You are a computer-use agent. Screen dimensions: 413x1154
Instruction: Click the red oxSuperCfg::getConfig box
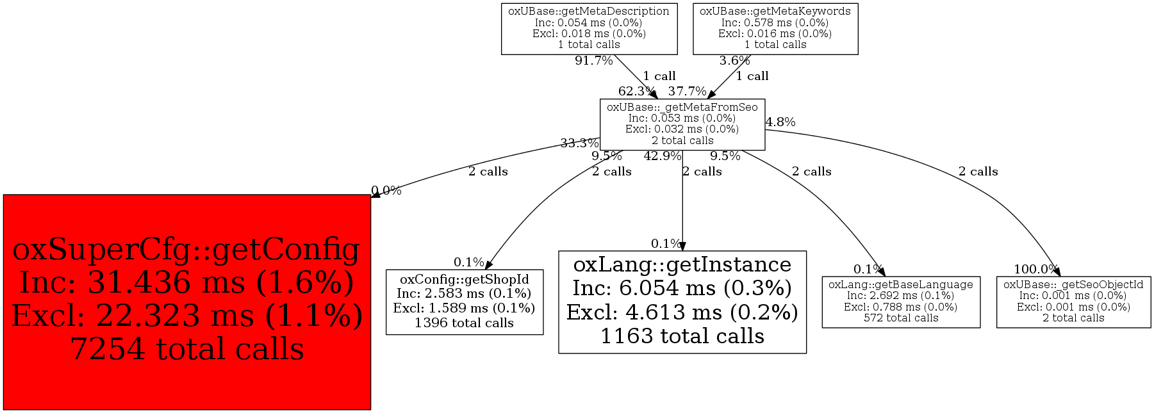[x=186, y=302]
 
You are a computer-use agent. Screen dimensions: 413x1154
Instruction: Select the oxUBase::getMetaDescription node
[x=589, y=28]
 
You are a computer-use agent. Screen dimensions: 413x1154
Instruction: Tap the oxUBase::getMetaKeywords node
[x=775, y=28]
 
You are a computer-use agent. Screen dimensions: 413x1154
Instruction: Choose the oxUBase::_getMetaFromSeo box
[x=682, y=124]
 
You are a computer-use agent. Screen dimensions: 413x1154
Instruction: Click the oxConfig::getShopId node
[x=465, y=302]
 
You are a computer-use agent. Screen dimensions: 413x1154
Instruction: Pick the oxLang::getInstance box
[x=682, y=302]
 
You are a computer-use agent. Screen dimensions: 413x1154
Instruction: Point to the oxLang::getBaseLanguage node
[x=900, y=302]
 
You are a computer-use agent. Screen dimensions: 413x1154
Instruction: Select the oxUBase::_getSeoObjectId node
[x=1073, y=302]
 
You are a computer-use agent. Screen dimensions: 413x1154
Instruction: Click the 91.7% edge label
[x=593, y=61]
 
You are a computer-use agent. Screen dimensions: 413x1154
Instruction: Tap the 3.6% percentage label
[x=734, y=61]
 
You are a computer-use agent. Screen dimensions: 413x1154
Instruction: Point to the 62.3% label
[x=636, y=92]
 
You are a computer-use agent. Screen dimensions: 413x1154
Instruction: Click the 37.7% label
[x=687, y=92]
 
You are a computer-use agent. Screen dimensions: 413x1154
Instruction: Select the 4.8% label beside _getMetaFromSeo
[x=780, y=122]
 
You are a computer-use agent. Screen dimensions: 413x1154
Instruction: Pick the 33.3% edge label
[x=579, y=143]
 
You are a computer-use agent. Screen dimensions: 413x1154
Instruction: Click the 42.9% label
[x=662, y=156]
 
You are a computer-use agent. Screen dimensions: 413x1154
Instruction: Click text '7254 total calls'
[x=186, y=350]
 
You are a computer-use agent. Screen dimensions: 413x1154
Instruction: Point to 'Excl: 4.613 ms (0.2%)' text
[x=682, y=312]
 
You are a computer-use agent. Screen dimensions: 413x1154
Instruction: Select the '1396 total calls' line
[x=465, y=323]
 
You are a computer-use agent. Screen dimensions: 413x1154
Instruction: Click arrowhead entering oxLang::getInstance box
[x=682, y=247]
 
